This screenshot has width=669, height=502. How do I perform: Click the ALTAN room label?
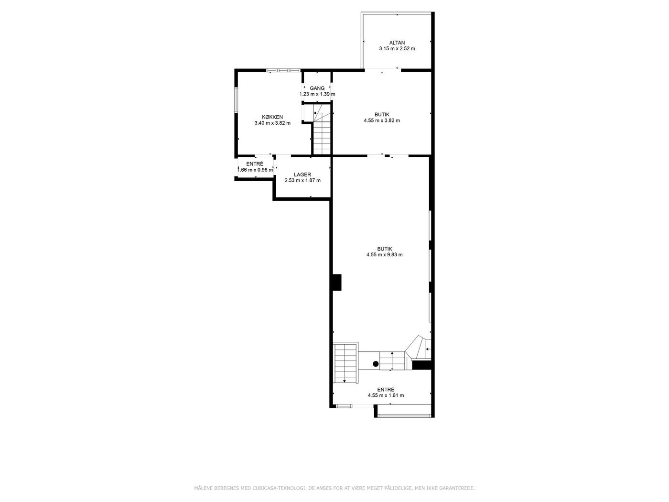coord(397,43)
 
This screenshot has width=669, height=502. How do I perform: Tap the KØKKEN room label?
coord(272,117)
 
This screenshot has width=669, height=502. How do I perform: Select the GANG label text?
coord(317,88)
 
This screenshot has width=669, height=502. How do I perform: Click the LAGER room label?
coord(302,175)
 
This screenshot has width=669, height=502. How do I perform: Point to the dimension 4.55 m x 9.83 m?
coord(384,254)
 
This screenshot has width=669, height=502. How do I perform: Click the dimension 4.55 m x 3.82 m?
coord(382,120)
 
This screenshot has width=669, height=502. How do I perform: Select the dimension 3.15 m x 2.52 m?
coord(397,48)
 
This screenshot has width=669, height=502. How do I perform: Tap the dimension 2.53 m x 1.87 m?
coord(302,180)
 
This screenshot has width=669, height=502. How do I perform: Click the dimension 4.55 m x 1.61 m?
coord(386,395)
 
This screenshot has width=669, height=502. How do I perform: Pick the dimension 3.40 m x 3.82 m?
coord(272,123)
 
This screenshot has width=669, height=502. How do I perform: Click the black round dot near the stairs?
coord(376,364)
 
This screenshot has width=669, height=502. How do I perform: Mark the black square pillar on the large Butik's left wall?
coord(337,282)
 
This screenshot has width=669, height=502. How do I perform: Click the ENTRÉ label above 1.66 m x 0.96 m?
coord(255,164)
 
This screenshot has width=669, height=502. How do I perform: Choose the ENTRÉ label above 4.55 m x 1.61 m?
coord(386,390)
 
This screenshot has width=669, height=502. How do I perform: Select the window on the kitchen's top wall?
coord(283,70)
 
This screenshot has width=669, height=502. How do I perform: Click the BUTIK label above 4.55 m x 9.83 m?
coord(384,249)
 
